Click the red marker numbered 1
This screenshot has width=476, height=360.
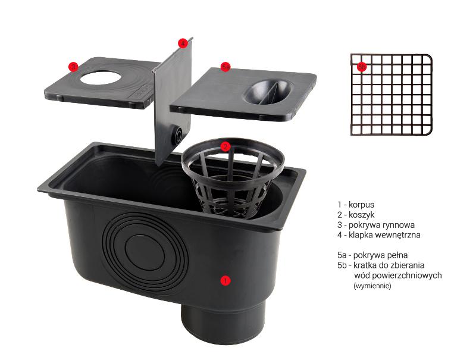[226, 280]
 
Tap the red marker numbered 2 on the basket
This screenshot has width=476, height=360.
[226, 146]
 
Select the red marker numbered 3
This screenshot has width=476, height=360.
[73, 67]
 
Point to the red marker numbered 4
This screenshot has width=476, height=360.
[182, 43]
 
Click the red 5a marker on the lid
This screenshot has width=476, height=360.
[226, 67]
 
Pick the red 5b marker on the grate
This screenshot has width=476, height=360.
[361, 67]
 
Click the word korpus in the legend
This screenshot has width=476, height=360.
[361, 205]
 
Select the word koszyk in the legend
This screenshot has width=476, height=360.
[362, 215]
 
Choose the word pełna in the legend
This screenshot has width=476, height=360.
[397, 255]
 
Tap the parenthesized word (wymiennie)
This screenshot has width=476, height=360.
[372, 286]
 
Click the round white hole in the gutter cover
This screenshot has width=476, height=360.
[99, 78]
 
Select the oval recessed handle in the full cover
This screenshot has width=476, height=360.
[268, 92]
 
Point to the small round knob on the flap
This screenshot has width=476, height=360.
[177, 134]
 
